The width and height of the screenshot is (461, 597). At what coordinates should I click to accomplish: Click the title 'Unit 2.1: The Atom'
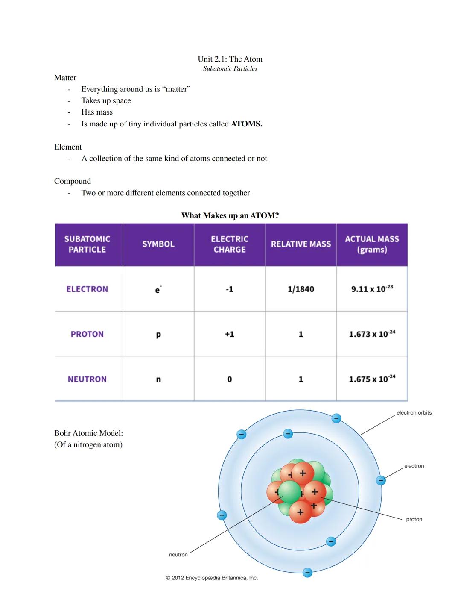tap(230, 59)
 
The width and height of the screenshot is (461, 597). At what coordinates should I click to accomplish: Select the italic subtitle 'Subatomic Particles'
tap(230, 68)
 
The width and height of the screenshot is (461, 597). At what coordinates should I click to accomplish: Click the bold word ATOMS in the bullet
tap(246, 124)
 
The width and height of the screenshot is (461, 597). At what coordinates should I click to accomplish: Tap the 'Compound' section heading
tap(73, 181)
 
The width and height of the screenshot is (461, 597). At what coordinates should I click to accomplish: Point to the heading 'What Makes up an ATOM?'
tap(230, 215)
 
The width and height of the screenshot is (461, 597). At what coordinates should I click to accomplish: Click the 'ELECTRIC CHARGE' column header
tap(230, 244)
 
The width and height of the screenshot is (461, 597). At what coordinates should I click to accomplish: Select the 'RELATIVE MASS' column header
tap(301, 244)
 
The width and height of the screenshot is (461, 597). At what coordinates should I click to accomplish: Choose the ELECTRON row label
tap(87, 289)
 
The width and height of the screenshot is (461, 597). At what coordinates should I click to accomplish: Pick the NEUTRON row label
tap(87, 379)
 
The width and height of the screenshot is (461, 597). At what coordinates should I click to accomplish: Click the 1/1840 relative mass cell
tap(301, 289)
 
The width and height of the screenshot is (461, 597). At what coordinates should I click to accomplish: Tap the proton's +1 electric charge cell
tap(230, 334)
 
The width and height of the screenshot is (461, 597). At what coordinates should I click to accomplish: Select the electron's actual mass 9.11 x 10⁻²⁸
tap(372, 289)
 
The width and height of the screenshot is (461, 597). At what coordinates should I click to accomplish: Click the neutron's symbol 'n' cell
tap(158, 379)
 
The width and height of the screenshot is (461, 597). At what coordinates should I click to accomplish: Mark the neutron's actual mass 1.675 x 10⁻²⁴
tap(372, 379)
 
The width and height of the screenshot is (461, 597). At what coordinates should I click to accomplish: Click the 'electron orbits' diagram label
tap(414, 413)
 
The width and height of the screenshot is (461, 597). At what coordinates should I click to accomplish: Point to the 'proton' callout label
tap(414, 519)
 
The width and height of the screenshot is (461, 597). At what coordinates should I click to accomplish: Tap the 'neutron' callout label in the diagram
tap(178, 555)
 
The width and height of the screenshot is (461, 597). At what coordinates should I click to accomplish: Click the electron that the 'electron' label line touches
tap(381, 480)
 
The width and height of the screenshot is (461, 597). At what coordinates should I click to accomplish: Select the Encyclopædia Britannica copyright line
tap(212, 578)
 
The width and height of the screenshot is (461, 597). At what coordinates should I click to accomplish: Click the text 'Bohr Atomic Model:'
tap(88, 433)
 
